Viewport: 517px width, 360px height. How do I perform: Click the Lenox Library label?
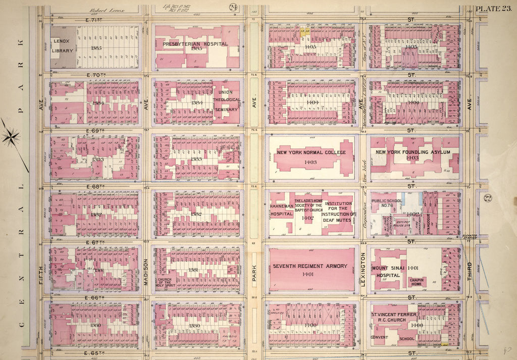click(x=62, y=46)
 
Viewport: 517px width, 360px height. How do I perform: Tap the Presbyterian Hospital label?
click(x=195, y=44)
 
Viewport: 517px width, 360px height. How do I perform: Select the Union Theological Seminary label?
click(x=225, y=100)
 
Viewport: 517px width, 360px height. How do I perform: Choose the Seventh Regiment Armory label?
click(x=310, y=266)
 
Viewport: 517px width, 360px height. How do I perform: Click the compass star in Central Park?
click(x=11, y=136)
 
